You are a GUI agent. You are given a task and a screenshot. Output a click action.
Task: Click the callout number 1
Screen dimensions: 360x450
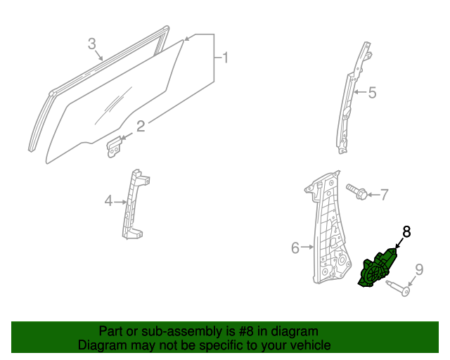pyautogui.click(x=225, y=57)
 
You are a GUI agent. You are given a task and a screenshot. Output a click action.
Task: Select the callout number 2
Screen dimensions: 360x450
pyautogui.click(x=141, y=126)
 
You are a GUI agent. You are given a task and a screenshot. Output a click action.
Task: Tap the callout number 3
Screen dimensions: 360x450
pyautogui.click(x=91, y=44)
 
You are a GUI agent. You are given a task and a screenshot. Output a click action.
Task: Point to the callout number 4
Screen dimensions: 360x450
pyautogui.click(x=108, y=202)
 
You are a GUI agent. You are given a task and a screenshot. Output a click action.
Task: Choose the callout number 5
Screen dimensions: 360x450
pyautogui.click(x=373, y=92)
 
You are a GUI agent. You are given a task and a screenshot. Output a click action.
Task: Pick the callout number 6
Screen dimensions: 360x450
pyautogui.click(x=295, y=247)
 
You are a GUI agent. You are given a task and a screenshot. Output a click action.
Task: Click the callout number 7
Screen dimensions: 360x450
pyautogui.click(x=384, y=193)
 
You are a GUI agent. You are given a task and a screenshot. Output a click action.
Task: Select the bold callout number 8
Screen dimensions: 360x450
pyautogui.click(x=406, y=231)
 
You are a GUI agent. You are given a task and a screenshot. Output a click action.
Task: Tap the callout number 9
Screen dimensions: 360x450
pyautogui.click(x=419, y=269)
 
